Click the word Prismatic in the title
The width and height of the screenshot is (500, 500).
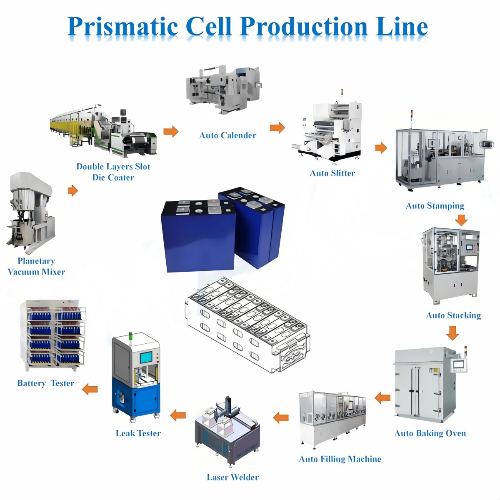pos(123,27)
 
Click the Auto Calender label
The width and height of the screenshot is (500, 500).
pos(227,135)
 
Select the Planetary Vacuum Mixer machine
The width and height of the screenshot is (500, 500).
pos(31,212)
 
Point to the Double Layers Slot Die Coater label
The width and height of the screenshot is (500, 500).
pos(113,172)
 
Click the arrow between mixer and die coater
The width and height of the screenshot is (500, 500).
pos(73,191)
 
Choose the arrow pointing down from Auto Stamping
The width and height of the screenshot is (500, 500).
pos(461,220)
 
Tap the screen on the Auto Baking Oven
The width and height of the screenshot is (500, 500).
pos(459,365)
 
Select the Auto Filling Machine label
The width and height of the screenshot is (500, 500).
pos(340,459)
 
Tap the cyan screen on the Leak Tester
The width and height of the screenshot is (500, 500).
pos(146,357)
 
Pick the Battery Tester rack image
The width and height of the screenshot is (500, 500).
pos(53,335)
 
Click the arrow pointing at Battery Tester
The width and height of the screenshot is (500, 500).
pos(90,389)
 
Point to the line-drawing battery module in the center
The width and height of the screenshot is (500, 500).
pos(248,325)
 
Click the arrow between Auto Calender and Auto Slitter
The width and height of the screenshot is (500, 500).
pos(277,127)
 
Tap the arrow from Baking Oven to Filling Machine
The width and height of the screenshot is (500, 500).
pos(382,398)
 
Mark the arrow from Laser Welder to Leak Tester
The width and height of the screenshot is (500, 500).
pos(178,415)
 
